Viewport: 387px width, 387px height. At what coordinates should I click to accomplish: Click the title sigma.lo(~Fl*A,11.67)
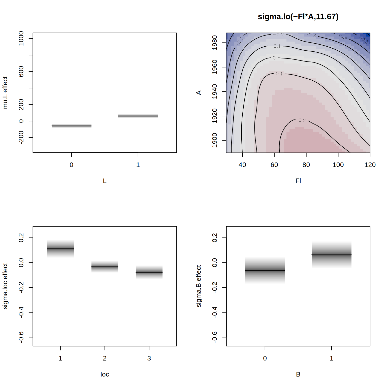tap(298, 17)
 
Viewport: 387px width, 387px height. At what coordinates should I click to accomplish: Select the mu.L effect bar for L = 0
tap(72, 125)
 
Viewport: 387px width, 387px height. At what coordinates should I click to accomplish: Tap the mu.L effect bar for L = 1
tap(138, 116)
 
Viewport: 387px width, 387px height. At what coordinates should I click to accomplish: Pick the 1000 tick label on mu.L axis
tap(21, 38)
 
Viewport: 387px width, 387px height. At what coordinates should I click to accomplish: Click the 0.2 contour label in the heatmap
tap(302, 120)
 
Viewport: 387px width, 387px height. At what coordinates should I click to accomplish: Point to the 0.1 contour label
tap(279, 74)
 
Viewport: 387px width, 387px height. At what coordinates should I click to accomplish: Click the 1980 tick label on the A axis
tap(215, 43)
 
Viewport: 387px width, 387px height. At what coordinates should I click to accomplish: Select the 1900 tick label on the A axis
tap(215, 140)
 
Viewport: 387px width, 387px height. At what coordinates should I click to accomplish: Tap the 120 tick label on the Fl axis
tap(370, 165)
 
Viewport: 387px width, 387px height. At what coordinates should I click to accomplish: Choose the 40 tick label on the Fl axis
tap(242, 165)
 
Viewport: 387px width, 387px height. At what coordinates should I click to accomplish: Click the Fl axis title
tap(298, 181)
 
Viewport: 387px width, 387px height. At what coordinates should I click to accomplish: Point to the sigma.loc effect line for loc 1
tap(60, 249)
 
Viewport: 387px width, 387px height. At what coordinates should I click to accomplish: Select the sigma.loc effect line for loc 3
tap(149, 272)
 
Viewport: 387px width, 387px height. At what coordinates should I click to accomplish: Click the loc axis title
tap(105, 374)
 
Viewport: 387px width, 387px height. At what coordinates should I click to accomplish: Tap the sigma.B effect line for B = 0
tap(265, 270)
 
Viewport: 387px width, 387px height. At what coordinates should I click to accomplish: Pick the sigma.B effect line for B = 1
tap(331, 255)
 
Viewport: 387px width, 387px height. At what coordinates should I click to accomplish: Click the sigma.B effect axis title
tap(199, 286)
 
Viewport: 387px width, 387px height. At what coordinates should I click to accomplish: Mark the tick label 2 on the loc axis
tap(105, 358)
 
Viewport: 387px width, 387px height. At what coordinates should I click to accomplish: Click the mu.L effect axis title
tap(5, 92)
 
